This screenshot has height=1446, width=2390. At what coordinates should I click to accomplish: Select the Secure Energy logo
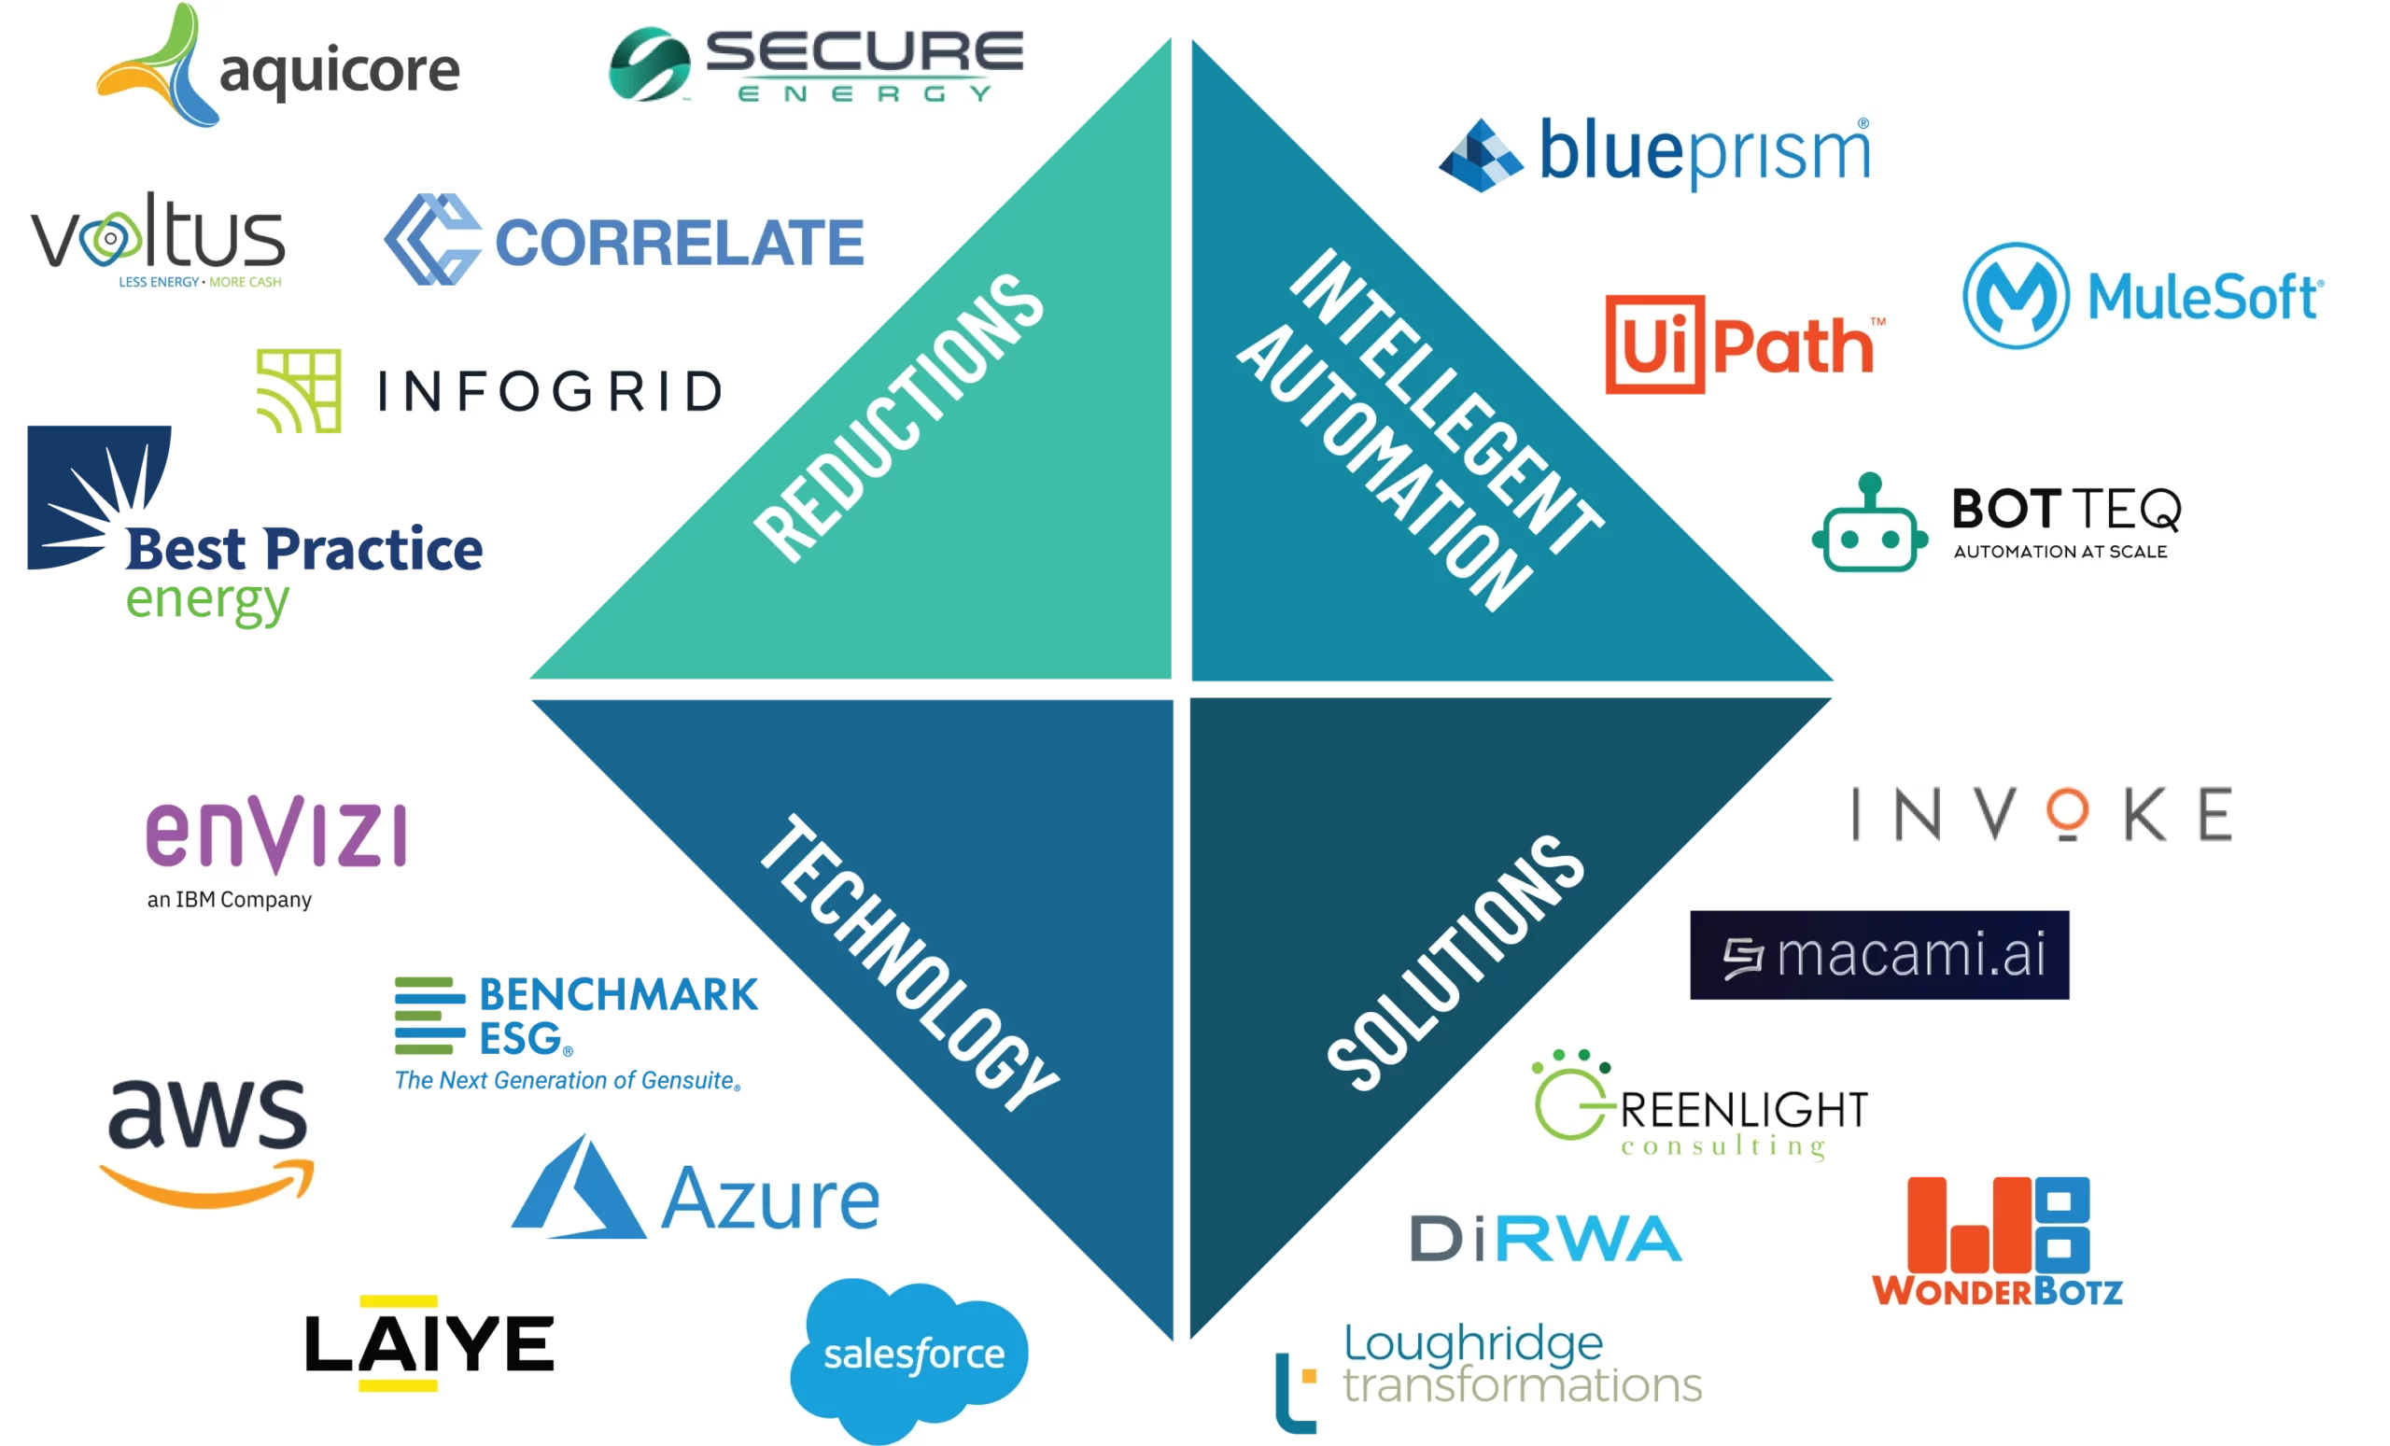(817, 66)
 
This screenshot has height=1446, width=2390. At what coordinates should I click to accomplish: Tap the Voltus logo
(157, 239)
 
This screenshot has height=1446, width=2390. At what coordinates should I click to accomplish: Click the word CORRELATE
(679, 243)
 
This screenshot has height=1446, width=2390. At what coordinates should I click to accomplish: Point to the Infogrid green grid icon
(298, 392)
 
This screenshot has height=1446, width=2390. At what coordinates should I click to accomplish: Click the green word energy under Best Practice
(207, 601)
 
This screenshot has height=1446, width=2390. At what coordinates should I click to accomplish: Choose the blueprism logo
(1653, 155)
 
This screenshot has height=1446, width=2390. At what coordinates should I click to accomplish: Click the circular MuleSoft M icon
(2015, 295)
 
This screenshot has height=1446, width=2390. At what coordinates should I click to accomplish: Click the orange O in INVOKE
(2067, 812)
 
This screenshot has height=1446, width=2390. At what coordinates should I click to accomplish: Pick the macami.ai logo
(1882, 953)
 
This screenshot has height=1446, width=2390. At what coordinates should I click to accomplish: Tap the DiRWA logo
(1545, 1240)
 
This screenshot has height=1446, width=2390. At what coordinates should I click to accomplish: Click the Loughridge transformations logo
(1486, 1379)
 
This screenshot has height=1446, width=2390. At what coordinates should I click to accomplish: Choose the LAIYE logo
(429, 1344)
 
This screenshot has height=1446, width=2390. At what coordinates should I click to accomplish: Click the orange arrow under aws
(208, 1183)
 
